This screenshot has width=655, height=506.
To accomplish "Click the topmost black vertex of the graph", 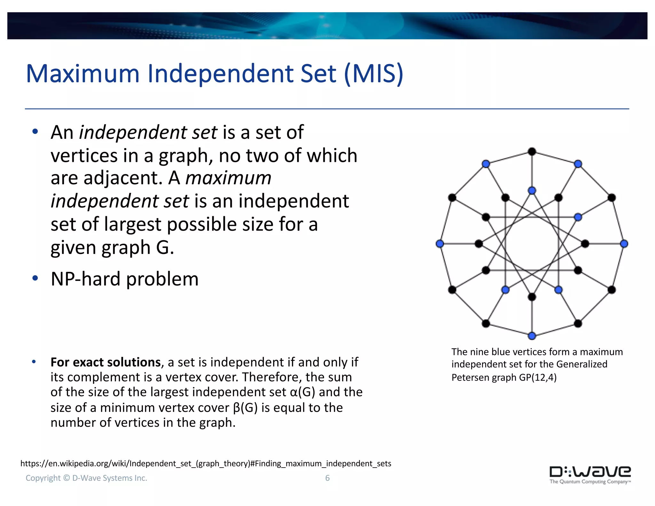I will (x=532, y=152).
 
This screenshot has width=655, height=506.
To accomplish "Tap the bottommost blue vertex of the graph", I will (x=532, y=336).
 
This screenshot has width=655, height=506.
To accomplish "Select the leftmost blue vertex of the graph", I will (x=440, y=244).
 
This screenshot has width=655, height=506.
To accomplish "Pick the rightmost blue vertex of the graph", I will (x=624, y=244).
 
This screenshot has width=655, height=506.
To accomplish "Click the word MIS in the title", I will (x=374, y=74).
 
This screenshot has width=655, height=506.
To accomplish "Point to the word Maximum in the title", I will (x=83, y=74).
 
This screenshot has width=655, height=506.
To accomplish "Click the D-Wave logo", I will (x=590, y=472).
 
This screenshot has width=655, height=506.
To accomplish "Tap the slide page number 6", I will (x=327, y=478).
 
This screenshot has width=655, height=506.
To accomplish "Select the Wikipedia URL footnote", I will (x=206, y=463).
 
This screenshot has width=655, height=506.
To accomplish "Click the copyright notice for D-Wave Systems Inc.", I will (x=86, y=478).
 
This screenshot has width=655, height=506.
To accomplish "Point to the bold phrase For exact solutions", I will (x=106, y=362).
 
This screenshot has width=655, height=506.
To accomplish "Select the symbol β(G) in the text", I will (x=245, y=407).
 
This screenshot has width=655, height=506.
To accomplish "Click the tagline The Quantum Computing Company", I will (x=589, y=482).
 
